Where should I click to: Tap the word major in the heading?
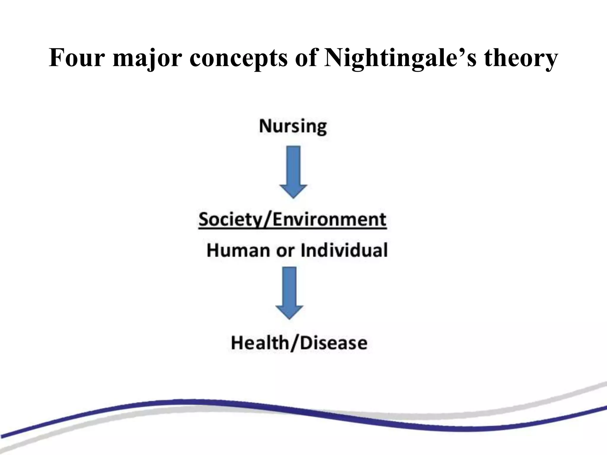coord(147,59)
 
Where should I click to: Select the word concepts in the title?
coord(238,59)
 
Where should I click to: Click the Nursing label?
coord(293,126)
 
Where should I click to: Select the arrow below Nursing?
coord(293,172)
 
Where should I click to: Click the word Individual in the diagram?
coord(344,250)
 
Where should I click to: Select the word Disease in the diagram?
coord(333,343)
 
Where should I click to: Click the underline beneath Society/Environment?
coord(293,228)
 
